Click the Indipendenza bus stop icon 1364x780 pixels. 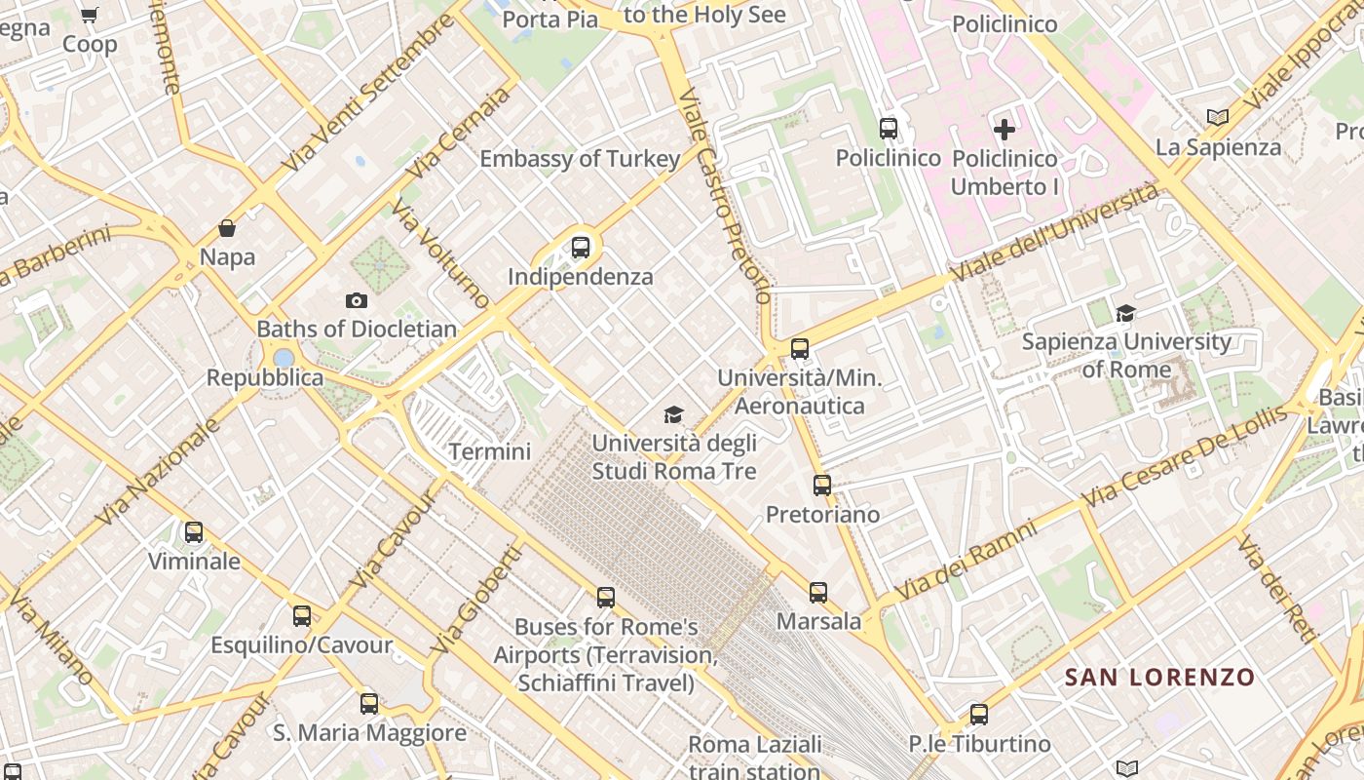[581, 247]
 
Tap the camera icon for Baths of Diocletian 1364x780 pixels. [357, 300]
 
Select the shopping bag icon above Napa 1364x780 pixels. [227, 228]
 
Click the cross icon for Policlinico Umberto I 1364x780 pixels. [1004, 129]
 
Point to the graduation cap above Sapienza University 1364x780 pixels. [1126, 313]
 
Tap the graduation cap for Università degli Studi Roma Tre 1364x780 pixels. [673, 415]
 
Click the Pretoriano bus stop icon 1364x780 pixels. [822, 485]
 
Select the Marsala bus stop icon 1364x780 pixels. [818, 592]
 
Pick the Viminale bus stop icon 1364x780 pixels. [194, 532]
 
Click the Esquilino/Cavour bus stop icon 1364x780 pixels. [302, 616]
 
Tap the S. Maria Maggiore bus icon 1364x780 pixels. [369, 703]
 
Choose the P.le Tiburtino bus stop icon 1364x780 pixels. [979, 715]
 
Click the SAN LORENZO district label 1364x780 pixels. [1159, 677]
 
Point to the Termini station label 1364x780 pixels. [490, 451]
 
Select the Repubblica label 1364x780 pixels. [265, 377]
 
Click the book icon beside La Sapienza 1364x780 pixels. [1217, 118]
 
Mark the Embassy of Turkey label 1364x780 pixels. [580, 159]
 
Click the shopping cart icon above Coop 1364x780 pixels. [90, 16]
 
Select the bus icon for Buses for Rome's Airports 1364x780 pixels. [606, 597]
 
